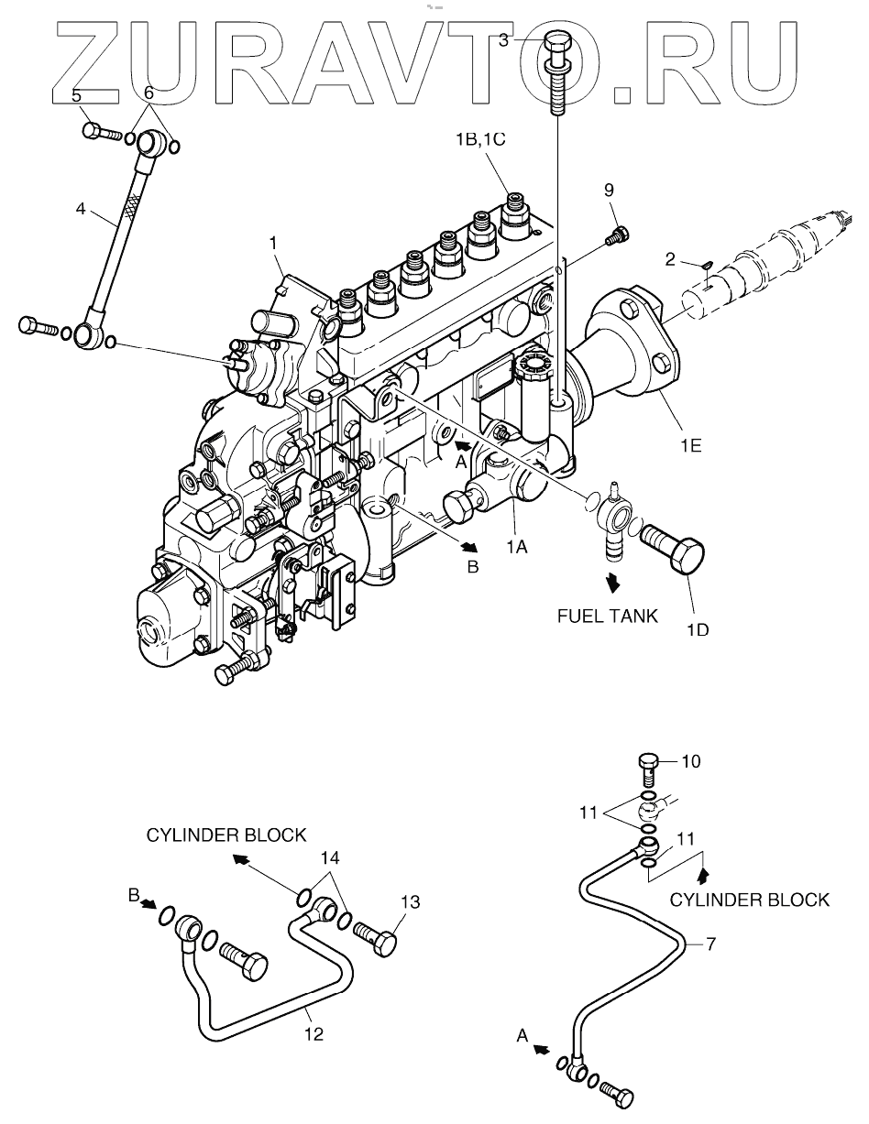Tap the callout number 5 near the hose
77,95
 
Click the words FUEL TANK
608,616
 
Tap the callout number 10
690,762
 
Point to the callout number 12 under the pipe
313,1033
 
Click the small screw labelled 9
617,235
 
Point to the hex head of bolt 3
559,42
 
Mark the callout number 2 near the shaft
670,261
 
